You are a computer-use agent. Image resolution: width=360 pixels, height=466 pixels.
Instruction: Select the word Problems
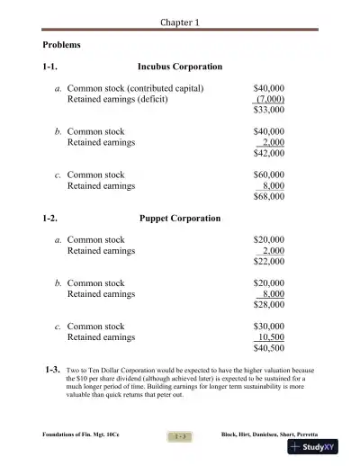tap(62, 44)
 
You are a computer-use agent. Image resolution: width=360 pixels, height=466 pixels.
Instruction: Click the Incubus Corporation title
tap(179, 67)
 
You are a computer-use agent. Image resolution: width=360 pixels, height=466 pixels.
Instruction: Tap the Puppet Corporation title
tap(180, 219)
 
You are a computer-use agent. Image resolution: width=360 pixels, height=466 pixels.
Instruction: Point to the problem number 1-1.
tap(52, 67)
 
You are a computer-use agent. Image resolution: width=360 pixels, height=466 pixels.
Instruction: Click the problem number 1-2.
tap(52, 219)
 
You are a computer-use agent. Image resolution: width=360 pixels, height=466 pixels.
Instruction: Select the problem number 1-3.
tap(52, 371)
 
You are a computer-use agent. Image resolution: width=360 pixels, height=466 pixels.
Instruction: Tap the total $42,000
tap(269, 154)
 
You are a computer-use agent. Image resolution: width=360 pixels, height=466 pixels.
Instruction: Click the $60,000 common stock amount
tap(269, 175)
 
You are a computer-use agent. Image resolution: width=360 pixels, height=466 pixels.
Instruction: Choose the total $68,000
tap(269, 197)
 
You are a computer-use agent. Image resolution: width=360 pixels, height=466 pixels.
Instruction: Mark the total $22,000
tap(269, 262)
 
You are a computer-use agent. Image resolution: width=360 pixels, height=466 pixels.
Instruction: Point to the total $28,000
tap(269, 305)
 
